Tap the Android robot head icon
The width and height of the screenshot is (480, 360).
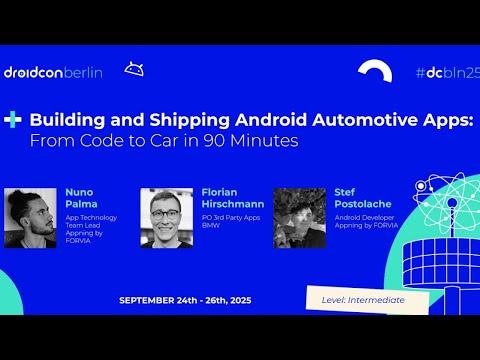(133, 69)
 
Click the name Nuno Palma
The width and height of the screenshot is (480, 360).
(80, 197)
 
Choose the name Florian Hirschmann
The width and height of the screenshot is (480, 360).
(225, 197)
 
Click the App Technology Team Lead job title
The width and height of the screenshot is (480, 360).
(92, 223)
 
